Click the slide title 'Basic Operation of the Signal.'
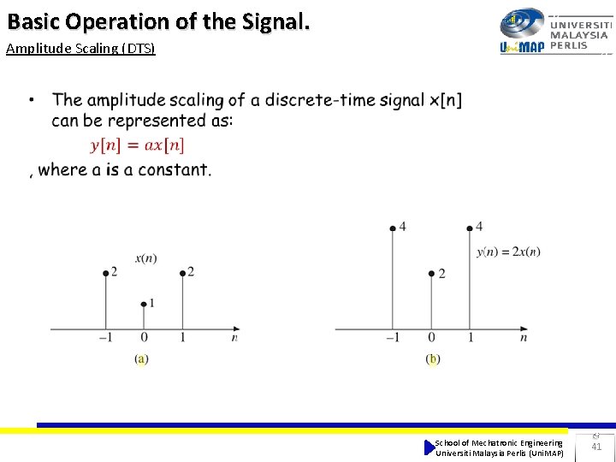coord(158,21)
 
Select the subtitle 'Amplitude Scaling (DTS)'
coord(80,48)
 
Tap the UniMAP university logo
coord(554,31)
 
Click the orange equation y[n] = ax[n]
coord(137,145)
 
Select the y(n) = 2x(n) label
coord(508,251)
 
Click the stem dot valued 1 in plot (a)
coord(143,304)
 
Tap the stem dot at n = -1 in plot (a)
coord(105,273)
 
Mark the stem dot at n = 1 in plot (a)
coord(182,273)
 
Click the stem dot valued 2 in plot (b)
coord(431,274)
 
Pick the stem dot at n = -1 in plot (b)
coord(393,228)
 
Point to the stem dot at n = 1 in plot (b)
coord(470,228)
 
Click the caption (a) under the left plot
coord(141,359)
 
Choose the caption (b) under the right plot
coord(432,359)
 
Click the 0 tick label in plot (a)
coord(144,338)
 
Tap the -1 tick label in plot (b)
coord(391,338)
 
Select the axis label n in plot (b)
coord(523,338)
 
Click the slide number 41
coord(596,446)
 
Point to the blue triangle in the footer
coord(429,447)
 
